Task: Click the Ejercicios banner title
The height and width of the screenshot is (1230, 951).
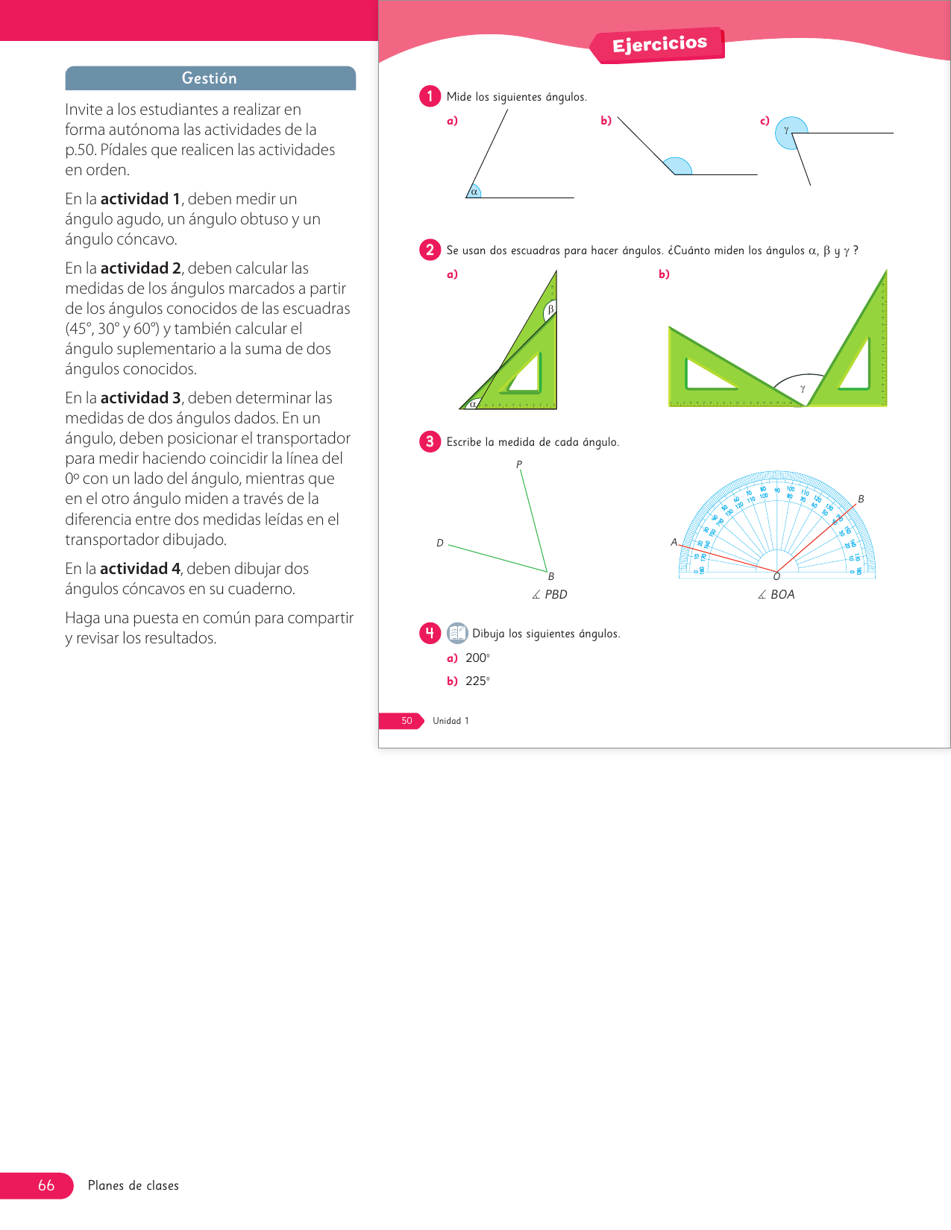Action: (659, 45)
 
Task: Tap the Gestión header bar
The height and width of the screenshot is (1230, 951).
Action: (210, 78)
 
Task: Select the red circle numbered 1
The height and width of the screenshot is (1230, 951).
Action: (430, 96)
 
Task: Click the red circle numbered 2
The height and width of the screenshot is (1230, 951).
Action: (430, 250)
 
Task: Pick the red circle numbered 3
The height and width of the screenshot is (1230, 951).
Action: (430, 441)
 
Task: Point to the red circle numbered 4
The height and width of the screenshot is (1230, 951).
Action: (430, 633)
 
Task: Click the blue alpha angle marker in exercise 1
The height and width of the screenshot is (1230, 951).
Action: (474, 192)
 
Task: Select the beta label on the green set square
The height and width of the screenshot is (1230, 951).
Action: (550, 309)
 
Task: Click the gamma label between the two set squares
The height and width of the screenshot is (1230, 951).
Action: (803, 388)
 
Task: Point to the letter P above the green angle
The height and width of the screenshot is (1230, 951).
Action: (519, 464)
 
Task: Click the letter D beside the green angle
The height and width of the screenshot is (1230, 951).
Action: (440, 543)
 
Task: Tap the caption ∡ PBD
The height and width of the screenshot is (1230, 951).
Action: (550, 594)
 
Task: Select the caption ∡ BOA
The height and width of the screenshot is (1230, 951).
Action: (776, 594)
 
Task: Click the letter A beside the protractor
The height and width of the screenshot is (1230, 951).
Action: (674, 542)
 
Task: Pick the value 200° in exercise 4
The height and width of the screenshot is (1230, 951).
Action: (477, 657)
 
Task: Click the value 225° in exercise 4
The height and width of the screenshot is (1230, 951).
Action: (477, 681)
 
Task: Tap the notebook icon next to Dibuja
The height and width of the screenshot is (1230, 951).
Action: (457, 633)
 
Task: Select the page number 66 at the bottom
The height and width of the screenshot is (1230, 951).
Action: (46, 1185)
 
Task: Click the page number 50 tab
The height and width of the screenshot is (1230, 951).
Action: (407, 721)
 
